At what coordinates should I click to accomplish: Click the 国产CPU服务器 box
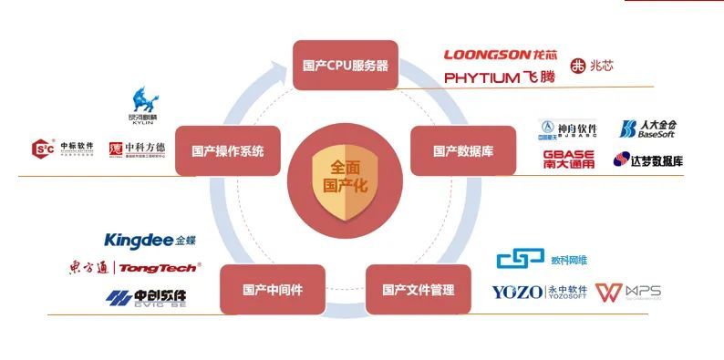[x=345, y=65]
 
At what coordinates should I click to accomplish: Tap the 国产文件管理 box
[x=417, y=290]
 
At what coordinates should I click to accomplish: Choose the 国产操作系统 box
[x=227, y=150]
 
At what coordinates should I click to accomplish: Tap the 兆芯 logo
[x=592, y=66]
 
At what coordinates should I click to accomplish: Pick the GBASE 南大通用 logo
[x=569, y=159]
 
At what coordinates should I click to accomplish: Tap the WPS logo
[x=628, y=293]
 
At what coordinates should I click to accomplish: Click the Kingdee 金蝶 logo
[x=150, y=241]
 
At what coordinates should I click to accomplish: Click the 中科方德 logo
[x=138, y=148]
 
